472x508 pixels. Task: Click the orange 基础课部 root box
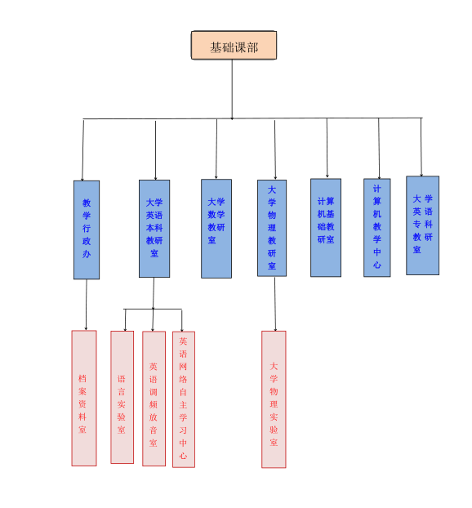tap(234, 45)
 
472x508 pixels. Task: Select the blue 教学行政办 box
tap(87, 229)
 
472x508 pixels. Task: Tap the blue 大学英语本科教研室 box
tap(154, 229)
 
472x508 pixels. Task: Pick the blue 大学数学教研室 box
tap(216, 229)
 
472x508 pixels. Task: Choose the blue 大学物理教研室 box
tap(272, 228)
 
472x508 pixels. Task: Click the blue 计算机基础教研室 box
tap(326, 227)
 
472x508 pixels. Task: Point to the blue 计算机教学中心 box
tap(376, 227)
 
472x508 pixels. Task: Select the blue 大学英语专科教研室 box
tap(422, 225)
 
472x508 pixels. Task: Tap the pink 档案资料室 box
tap(84, 399)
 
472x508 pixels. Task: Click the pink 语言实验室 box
tap(122, 397)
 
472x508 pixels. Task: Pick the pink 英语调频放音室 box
tap(154, 399)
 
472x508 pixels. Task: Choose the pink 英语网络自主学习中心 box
tap(184, 399)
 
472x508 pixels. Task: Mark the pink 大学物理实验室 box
tap(274, 399)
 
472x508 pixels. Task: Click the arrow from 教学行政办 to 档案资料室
tap(87, 305)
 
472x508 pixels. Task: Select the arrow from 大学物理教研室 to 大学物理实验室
tap(275, 304)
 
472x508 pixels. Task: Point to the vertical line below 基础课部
tap(232, 89)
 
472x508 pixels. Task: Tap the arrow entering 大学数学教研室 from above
tap(216, 149)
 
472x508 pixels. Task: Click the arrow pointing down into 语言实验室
tap(126, 320)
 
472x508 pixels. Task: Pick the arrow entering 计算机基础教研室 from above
tap(327, 148)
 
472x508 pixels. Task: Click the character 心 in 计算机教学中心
tap(376, 265)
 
